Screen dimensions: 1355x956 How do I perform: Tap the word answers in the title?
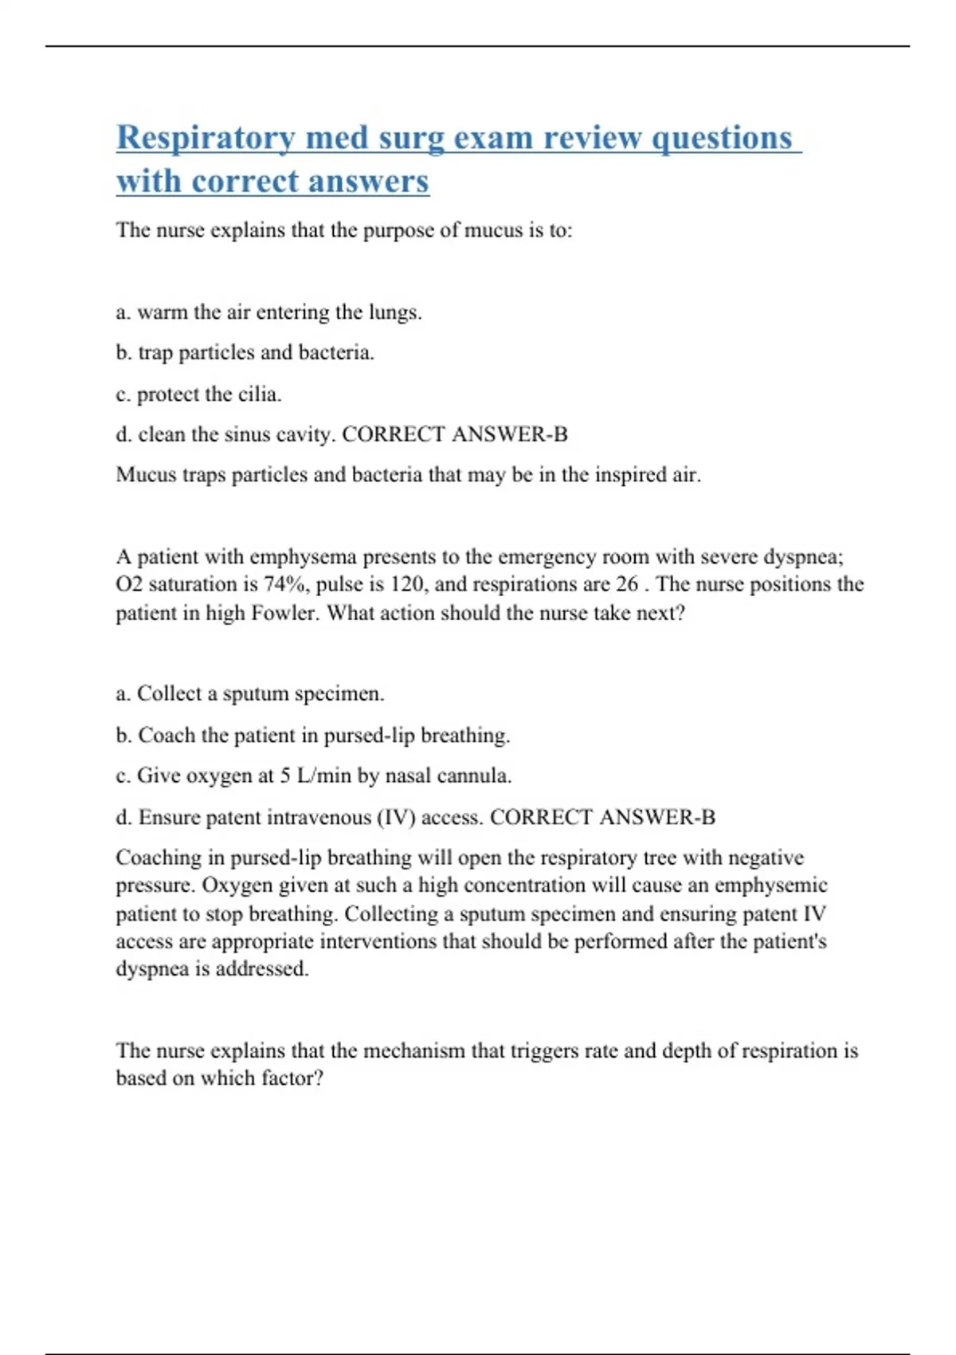(x=368, y=182)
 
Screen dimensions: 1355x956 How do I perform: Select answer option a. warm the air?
(x=268, y=312)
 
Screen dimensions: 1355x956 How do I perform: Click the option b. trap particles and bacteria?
(x=245, y=353)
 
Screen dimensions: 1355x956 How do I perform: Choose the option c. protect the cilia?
(x=198, y=395)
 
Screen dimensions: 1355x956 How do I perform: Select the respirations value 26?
(x=626, y=585)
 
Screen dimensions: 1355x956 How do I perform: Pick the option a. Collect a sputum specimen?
(x=249, y=694)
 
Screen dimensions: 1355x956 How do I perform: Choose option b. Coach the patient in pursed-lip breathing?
(x=312, y=736)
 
